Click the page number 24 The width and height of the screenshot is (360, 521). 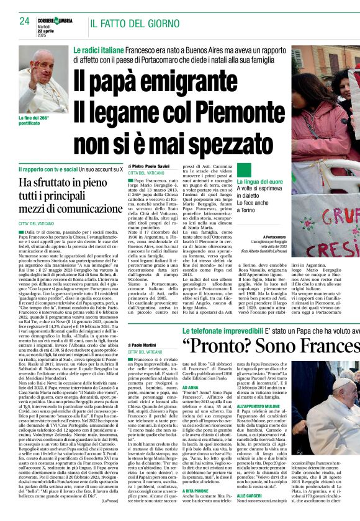tap(25, 21)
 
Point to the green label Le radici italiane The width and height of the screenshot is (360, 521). tap(98, 49)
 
